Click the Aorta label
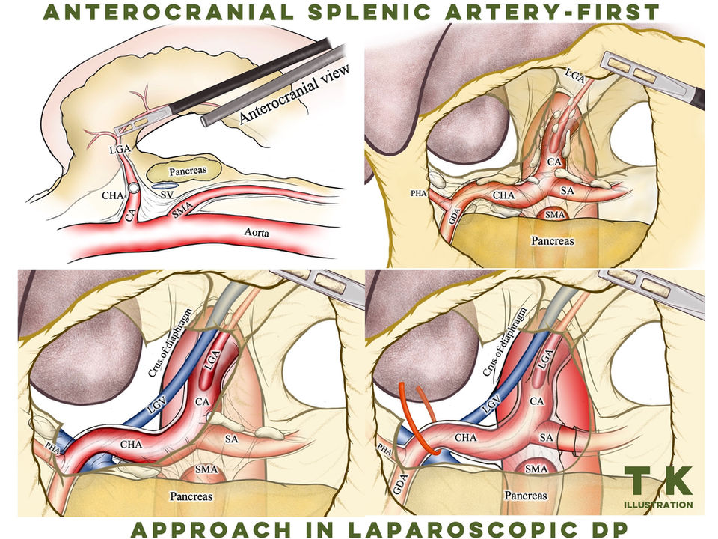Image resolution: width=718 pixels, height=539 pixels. pos(257,232)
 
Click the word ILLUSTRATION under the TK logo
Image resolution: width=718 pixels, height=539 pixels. pos(658,505)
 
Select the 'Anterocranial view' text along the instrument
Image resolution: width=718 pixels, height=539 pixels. pos(294,94)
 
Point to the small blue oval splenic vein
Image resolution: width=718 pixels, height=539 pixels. pos(165,186)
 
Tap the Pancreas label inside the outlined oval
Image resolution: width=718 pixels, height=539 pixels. pos(188,171)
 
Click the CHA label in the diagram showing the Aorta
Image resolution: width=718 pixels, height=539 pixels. pos(113,195)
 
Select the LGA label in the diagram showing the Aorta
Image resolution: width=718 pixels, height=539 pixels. pos(120,149)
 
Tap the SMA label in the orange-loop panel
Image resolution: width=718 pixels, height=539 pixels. pos(536,469)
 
